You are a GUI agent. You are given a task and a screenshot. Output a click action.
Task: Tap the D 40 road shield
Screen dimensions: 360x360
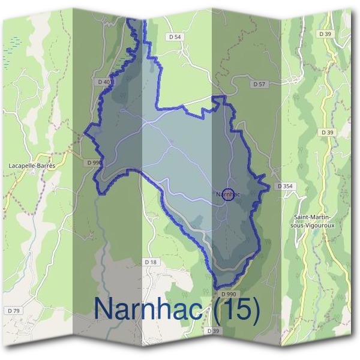pyautogui.click(x=103, y=82)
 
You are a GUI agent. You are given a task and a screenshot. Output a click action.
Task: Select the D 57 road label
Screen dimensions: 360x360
pyautogui.click(x=259, y=84)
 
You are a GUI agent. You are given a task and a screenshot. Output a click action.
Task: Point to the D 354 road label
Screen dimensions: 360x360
pyautogui.click(x=285, y=187)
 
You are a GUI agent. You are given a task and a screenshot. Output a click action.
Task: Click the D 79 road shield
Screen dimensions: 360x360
pyautogui.click(x=14, y=310)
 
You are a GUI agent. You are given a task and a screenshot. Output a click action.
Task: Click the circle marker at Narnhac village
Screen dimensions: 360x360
pyautogui.click(x=227, y=194)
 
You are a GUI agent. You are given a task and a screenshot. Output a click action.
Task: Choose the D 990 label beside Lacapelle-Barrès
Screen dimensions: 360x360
pyautogui.click(x=94, y=163)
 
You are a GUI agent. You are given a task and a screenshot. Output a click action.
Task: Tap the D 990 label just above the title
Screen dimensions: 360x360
pyautogui.click(x=228, y=294)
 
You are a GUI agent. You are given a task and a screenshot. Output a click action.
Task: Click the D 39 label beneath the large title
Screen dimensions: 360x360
pyautogui.click(x=214, y=331)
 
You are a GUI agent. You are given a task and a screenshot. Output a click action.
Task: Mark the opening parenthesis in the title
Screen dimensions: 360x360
pyautogui.click(x=215, y=310)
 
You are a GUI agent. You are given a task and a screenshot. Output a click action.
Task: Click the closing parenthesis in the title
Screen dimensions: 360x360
pyautogui.click(x=257, y=310)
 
